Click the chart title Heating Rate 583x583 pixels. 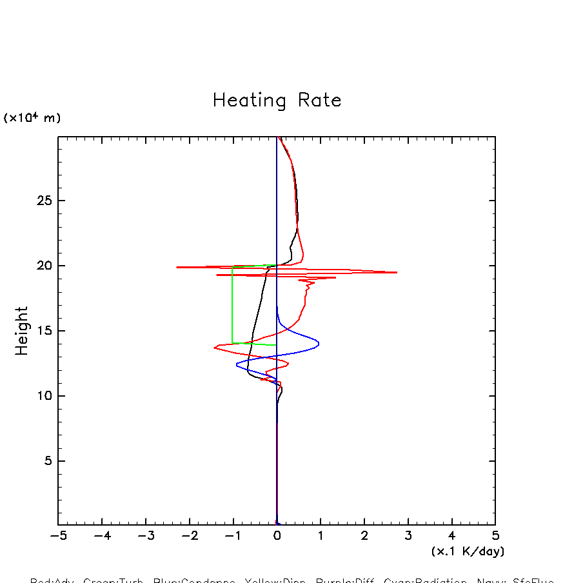(x=277, y=101)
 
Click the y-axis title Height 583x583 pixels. (x=22, y=330)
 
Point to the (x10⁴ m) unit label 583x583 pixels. (x=32, y=118)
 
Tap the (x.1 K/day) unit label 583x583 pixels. (x=468, y=551)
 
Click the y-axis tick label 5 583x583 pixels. (x=46, y=461)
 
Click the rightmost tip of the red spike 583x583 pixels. (x=396, y=272)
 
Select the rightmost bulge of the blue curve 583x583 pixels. (x=319, y=343)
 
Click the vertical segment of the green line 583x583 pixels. (x=232, y=303)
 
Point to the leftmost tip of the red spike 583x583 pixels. (x=177, y=267)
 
